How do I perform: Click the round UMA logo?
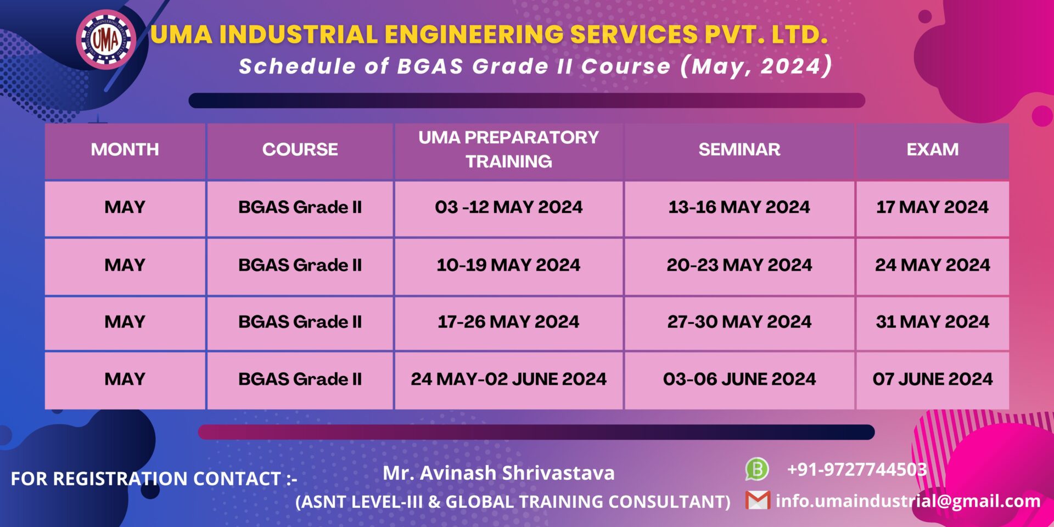click(106, 40)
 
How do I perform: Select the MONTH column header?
click(125, 149)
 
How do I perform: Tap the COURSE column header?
click(300, 149)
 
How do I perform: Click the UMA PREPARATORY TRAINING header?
click(508, 149)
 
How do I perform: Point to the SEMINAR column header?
click(739, 149)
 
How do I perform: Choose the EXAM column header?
click(932, 149)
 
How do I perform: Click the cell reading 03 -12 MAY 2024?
click(508, 208)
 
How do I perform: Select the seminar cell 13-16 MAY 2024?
click(739, 208)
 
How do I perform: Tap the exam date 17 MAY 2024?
click(932, 208)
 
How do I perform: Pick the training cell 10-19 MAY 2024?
click(508, 265)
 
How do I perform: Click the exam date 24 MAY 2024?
click(932, 265)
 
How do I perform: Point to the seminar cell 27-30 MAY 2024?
click(739, 322)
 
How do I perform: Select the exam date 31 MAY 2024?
click(932, 322)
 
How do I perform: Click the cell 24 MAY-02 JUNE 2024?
click(508, 379)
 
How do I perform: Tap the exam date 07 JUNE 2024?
click(932, 379)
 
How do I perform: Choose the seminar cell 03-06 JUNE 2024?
click(739, 379)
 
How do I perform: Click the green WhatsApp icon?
click(756, 469)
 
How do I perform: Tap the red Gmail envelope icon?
click(758, 500)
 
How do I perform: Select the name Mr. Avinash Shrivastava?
click(498, 473)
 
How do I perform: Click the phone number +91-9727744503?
click(856, 470)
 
